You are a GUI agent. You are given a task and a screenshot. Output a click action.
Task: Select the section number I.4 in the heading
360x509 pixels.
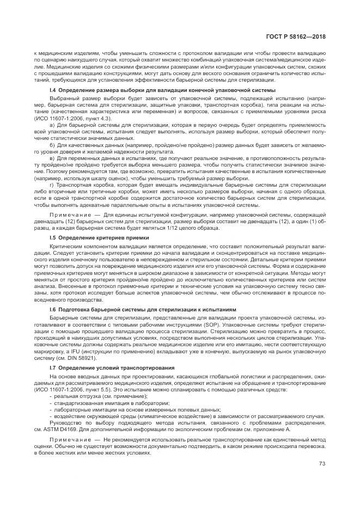click(53, 89)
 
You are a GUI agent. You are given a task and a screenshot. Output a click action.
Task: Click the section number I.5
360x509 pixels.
click(53, 238)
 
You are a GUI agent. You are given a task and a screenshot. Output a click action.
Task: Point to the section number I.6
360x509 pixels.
click(53, 309)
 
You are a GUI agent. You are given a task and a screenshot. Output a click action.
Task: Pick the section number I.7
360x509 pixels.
click(53, 368)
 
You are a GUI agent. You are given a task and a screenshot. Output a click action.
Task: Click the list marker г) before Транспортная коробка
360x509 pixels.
click(52, 185)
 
